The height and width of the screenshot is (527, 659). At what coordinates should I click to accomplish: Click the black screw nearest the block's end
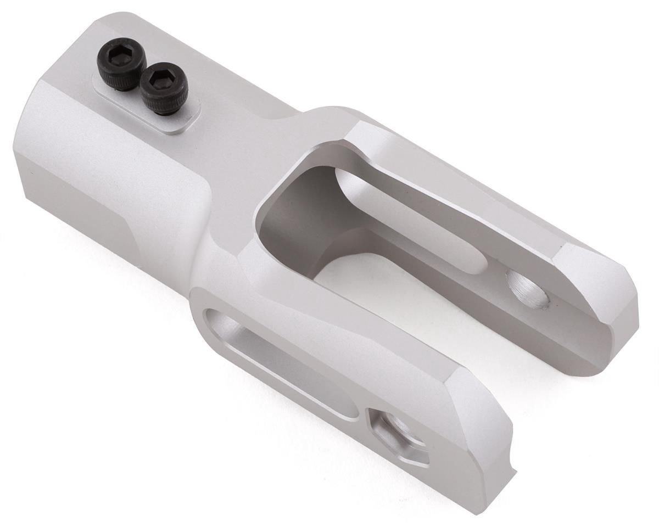click(122, 63)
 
